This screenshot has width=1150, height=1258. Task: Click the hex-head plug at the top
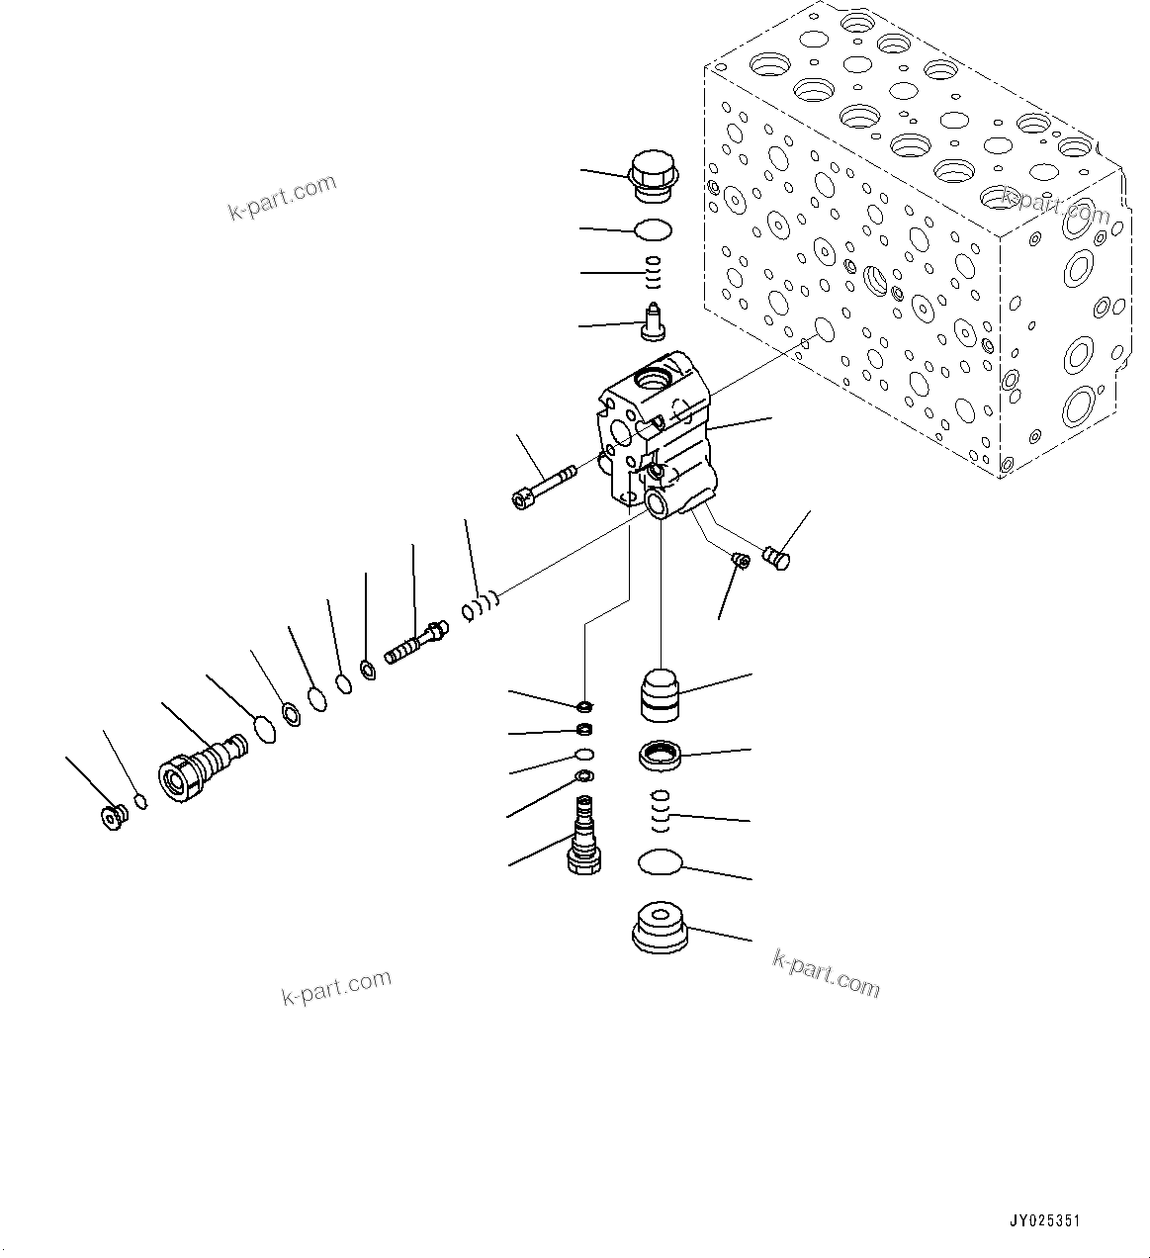651,177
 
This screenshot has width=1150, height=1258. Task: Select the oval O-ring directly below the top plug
653,230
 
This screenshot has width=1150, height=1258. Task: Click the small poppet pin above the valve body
653,320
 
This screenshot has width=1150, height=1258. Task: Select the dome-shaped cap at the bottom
660,928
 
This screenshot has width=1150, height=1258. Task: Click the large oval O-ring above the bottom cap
660,862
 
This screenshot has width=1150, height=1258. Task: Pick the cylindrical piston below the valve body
659,694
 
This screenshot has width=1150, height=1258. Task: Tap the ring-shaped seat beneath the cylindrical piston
660,758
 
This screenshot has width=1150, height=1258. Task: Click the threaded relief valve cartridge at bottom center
583,837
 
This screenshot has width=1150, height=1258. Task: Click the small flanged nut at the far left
115,817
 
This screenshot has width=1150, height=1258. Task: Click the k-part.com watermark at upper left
283,198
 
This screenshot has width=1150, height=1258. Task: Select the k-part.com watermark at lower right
826,974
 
